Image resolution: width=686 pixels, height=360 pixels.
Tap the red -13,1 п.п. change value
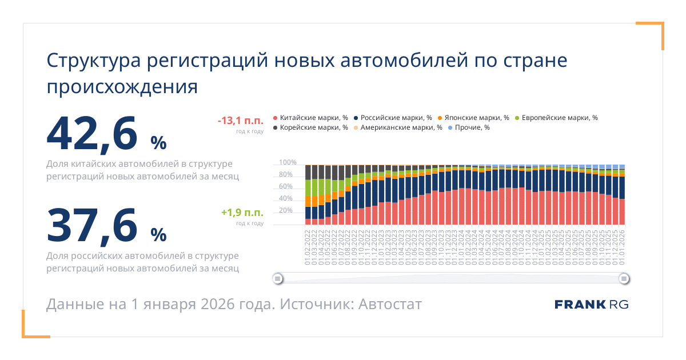(240, 121)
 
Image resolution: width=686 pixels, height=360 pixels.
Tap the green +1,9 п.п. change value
(242, 213)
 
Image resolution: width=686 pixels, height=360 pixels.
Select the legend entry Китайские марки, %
(312, 118)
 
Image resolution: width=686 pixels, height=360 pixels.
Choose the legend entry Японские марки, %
(472, 118)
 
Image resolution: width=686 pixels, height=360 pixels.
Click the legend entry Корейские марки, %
(312, 127)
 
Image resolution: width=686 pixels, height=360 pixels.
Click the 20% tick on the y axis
(286, 211)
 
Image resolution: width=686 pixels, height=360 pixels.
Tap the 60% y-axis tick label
(286, 187)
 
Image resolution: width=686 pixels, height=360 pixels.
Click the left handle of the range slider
(277, 279)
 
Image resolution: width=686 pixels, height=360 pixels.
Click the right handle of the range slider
(624, 279)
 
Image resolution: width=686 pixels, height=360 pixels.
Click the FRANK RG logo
(591, 305)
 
